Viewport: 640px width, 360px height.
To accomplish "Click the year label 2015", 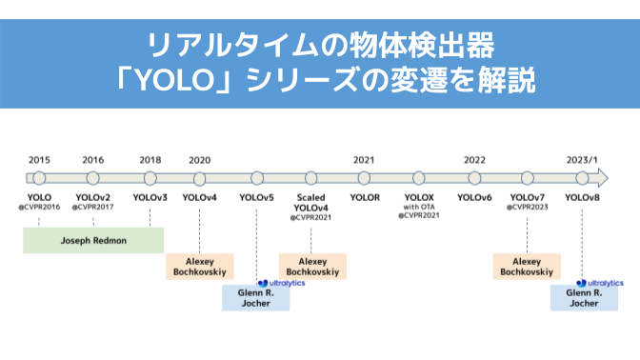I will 39,160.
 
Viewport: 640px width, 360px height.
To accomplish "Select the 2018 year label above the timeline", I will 150,160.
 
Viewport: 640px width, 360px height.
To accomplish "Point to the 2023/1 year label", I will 581,160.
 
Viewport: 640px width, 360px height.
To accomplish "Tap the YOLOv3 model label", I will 150,197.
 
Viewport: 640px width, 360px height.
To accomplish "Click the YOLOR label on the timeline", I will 364,197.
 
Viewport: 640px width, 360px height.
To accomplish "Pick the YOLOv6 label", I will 474,197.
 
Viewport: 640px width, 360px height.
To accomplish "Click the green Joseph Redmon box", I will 93,240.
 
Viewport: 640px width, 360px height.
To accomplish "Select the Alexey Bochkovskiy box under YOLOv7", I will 527,266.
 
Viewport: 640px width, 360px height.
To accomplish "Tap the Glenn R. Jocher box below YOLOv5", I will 256,298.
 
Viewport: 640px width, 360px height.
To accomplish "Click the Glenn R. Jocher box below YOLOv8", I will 583,298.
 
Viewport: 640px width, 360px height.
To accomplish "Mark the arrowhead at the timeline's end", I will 602,177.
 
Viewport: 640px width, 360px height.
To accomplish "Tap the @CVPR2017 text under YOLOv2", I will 93,207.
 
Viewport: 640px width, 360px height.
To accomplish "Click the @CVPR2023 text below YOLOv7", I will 528,207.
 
